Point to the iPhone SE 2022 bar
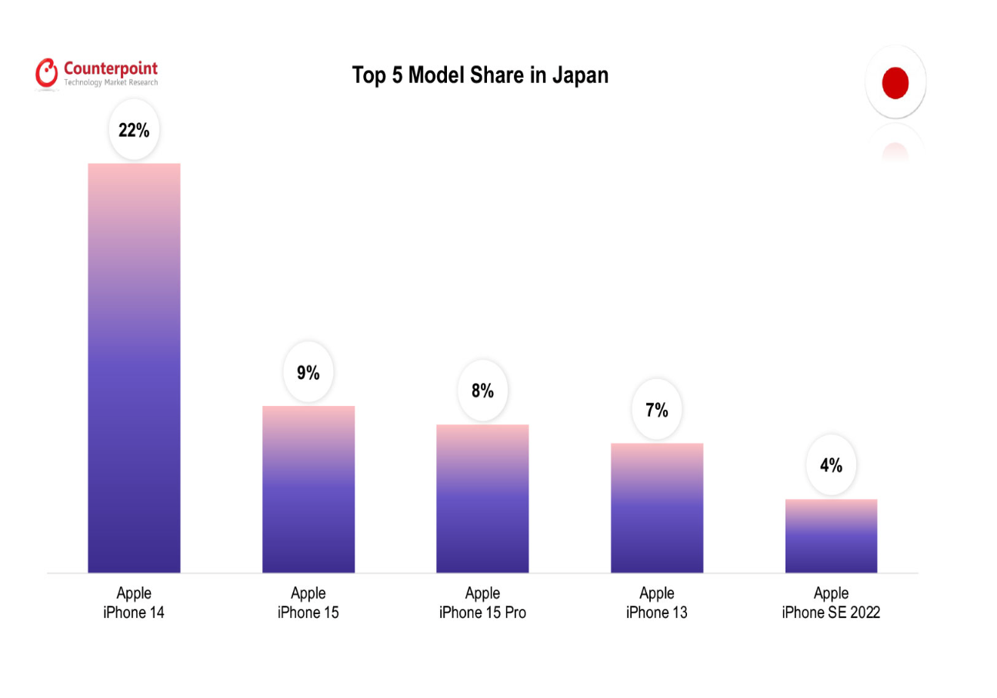click(831, 536)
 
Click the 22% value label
click(134, 131)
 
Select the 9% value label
click(308, 374)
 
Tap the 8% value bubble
click(482, 391)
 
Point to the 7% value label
click(657, 410)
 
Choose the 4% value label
click(831, 465)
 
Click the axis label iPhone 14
click(134, 613)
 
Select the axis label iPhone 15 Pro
click(482, 613)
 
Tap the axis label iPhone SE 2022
click(831, 613)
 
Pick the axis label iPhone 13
click(657, 613)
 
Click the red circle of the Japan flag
click(895, 83)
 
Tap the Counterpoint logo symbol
click(47, 72)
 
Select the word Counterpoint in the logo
click(111, 68)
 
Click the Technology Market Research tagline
click(111, 82)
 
